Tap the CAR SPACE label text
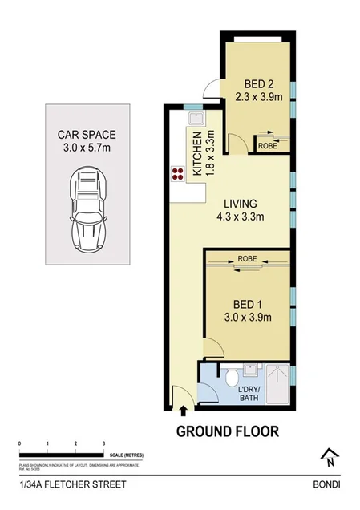87,142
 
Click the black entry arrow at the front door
184,411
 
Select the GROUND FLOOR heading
228,431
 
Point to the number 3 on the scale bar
103,443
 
